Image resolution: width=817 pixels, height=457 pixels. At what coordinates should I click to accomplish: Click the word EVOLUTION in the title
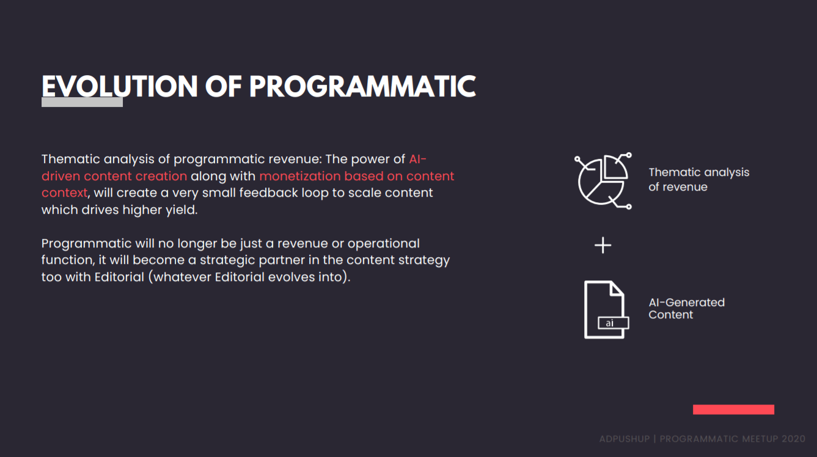pos(120,86)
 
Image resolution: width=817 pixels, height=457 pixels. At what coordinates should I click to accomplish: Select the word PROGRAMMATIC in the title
pos(362,86)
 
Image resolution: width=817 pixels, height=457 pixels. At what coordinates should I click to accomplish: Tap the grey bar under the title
pos(82,102)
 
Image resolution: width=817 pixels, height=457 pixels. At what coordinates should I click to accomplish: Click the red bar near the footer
pos(733,409)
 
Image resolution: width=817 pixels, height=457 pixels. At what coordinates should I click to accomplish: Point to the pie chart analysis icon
pos(603,181)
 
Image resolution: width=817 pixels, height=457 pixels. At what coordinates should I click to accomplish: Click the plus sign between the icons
pos(603,245)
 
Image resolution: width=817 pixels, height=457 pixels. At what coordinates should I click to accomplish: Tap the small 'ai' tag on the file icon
pos(614,323)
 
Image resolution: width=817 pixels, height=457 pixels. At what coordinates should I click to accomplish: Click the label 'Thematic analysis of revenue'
pos(699,180)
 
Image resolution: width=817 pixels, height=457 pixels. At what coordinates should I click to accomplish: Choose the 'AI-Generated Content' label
pos(686,309)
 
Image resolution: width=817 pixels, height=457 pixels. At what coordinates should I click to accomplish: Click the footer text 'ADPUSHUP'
pos(625,439)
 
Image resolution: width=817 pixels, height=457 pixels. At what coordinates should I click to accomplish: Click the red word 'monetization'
pos(300,176)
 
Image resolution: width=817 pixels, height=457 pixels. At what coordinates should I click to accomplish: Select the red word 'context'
pos(65,192)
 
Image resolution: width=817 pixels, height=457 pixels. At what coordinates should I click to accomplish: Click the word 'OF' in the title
pos(223,86)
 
